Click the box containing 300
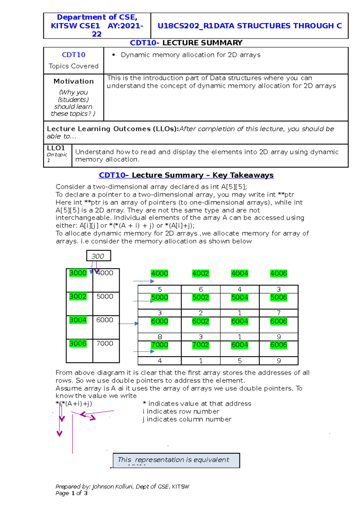98,256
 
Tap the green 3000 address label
78,273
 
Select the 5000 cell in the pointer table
105,296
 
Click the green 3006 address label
78,344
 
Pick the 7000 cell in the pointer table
105,344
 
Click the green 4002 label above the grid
200,273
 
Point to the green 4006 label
278,273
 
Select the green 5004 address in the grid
239,297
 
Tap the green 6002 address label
200,321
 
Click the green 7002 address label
200,345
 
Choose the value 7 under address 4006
279,313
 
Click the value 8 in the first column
160,337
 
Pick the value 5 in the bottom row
240,361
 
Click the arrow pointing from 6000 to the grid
128,324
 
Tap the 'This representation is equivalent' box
176,460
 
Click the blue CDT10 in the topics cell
73,55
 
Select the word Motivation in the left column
73,81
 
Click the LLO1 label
56,148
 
